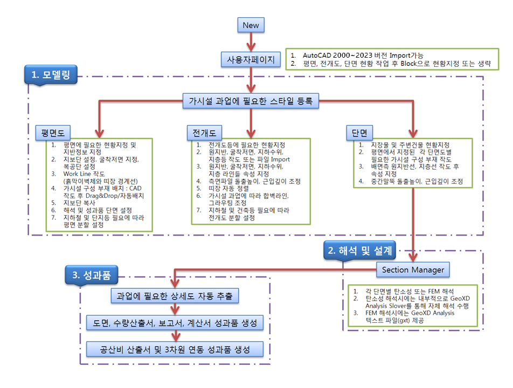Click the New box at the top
tap(251, 25)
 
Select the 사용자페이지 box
tap(251, 59)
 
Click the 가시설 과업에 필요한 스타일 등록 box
tap(251, 100)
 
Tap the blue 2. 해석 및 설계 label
tap(362, 250)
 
